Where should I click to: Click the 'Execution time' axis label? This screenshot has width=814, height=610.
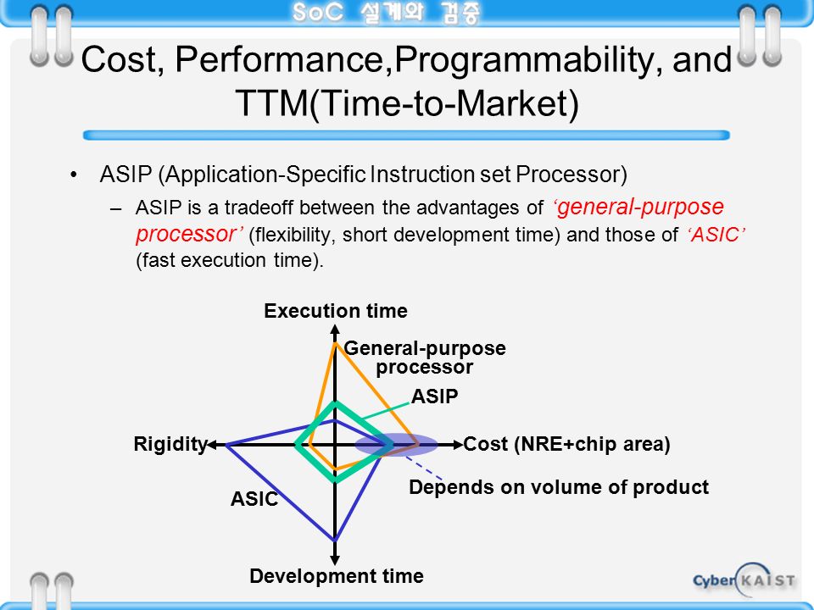pyautogui.click(x=336, y=311)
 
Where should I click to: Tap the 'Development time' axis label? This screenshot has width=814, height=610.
pyautogui.click(x=337, y=576)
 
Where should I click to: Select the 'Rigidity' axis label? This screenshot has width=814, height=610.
pyautogui.click(x=170, y=444)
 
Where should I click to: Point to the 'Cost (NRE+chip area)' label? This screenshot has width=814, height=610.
pyautogui.click(x=567, y=444)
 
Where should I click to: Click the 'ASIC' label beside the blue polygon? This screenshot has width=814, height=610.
pyautogui.click(x=254, y=499)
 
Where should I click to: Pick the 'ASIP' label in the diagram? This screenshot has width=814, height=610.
pyautogui.click(x=434, y=396)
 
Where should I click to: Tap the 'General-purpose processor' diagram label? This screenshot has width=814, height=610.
pyautogui.click(x=425, y=358)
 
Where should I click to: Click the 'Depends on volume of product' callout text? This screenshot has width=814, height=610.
pyautogui.click(x=559, y=487)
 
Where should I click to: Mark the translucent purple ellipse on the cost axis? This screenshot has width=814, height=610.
pyautogui.click(x=396, y=445)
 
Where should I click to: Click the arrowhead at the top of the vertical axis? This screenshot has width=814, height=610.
pyautogui.click(x=335, y=329)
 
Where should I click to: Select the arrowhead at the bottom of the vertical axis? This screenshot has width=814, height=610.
pyautogui.click(x=335, y=560)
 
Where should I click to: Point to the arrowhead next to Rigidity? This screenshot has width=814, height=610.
pyautogui.click(x=212, y=445)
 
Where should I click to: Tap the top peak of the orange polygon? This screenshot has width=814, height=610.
pyautogui.click(x=336, y=343)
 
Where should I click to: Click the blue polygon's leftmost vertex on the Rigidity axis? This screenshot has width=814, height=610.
pyautogui.click(x=227, y=445)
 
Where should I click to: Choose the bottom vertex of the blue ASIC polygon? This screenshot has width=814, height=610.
pyautogui.click(x=335, y=540)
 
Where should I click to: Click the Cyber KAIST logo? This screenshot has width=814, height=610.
pyautogui.click(x=744, y=579)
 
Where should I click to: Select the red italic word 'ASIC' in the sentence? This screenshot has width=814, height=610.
pyautogui.click(x=716, y=235)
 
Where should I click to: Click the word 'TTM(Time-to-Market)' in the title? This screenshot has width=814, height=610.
pyautogui.click(x=407, y=103)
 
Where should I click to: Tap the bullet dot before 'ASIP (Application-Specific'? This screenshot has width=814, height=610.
pyautogui.click(x=74, y=175)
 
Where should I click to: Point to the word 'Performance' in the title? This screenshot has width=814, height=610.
pyautogui.click(x=284, y=59)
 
